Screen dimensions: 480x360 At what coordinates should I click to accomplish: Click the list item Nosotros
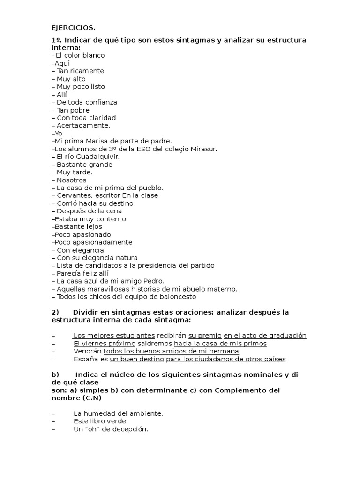click(x=71, y=180)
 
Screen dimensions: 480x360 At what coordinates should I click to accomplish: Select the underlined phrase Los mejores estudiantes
click(x=114, y=336)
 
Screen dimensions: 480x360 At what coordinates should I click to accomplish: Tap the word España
click(x=85, y=359)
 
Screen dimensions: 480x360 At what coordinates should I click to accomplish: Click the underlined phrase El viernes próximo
click(x=104, y=344)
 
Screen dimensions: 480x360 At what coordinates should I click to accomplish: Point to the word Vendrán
click(x=87, y=351)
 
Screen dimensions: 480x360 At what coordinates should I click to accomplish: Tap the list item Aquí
click(x=61, y=63)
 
